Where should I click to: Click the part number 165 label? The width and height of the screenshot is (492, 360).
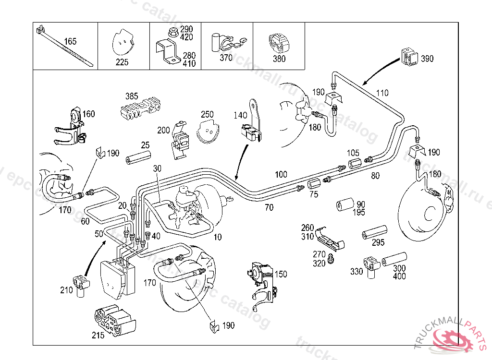(70, 42)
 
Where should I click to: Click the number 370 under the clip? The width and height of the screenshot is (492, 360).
(226, 58)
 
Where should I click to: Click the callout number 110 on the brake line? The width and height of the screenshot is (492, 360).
(382, 93)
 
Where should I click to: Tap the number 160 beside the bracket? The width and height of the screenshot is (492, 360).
(89, 114)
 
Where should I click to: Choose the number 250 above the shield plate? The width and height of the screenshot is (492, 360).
(207, 115)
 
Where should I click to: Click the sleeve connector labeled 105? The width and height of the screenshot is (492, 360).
(354, 163)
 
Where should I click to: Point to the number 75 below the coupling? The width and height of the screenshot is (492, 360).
(313, 194)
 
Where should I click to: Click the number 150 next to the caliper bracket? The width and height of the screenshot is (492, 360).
(281, 274)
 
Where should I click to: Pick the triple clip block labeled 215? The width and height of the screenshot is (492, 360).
(114, 319)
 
